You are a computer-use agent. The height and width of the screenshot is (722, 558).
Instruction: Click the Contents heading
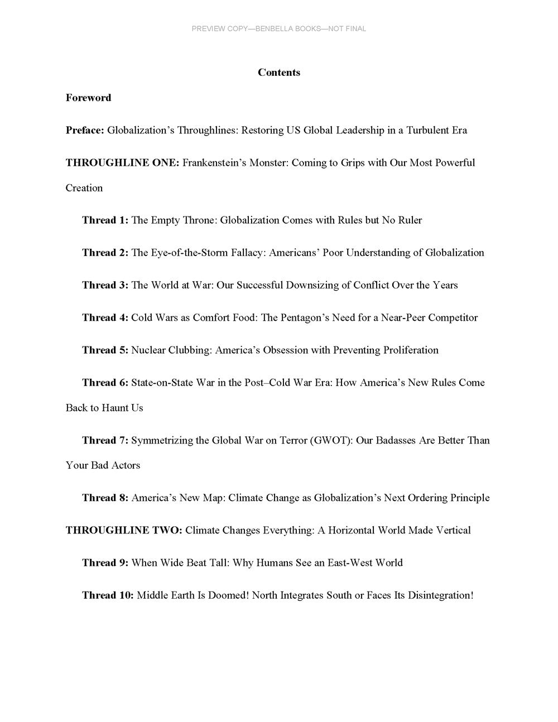(x=279, y=73)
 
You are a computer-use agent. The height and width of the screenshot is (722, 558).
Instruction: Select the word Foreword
(x=88, y=98)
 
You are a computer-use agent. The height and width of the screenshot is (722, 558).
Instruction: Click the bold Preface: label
(x=85, y=130)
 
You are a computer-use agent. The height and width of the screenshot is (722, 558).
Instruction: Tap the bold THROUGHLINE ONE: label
(x=122, y=162)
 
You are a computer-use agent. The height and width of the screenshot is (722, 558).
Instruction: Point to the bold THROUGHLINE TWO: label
(x=124, y=530)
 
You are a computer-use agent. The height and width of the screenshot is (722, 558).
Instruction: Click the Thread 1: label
(x=105, y=220)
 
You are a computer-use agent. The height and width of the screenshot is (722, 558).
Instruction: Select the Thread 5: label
(x=105, y=350)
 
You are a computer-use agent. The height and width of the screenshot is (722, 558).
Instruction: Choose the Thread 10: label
(x=108, y=595)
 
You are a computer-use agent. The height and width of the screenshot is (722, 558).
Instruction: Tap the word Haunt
(x=116, y=408)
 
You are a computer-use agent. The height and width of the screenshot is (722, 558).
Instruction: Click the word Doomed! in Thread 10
(x=228, y=595)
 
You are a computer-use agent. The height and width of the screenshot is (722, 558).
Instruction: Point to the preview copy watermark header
(x=279, y=28)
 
